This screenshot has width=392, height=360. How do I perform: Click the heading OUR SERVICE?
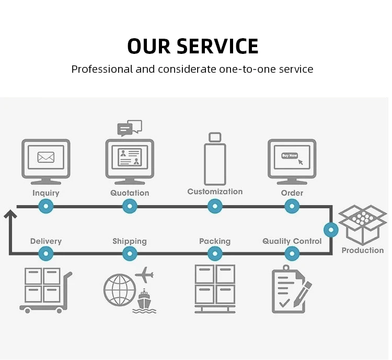click(x=193, y=46)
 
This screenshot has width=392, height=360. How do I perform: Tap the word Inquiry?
click(x=46, y=193)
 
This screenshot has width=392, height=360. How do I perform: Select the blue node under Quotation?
click(x=130, y=207)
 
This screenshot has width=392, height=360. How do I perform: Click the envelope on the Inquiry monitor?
click(x=46, y=156)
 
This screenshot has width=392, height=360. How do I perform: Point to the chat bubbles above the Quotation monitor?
click(x=129, y=128)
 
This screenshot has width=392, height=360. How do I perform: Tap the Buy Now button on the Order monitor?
click(x=289, y=155)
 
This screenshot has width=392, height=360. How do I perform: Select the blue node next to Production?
click(x=331, y=230)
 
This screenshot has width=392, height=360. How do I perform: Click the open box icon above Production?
click(x=362, y=223)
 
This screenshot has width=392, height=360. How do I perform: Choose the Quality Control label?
click(x=292, y=241)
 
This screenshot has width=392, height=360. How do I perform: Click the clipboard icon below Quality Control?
click(x=291, y=289)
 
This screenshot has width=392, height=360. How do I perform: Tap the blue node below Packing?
click(x=215, y=254)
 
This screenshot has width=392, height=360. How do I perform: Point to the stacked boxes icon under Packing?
click(x=215, y=288)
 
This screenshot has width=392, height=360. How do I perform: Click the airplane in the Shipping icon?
click(x=144, y=274)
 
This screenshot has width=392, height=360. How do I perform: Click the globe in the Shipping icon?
click(x=119, y=290)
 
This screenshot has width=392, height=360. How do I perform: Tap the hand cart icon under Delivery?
click(x=45, y=290)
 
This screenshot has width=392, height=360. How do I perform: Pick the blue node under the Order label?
click(x=292, y=207)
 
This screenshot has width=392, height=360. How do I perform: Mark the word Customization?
click(x=215, y=192)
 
